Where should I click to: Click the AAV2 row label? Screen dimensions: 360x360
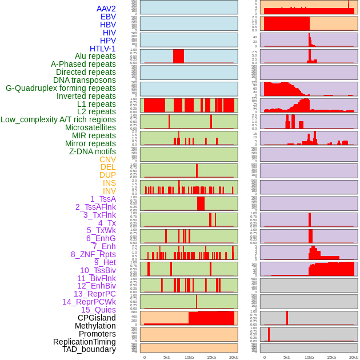(x=106, y=9)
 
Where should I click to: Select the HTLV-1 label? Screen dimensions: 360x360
(x=102, y=49)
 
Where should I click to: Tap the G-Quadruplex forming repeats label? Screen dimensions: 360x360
(x=61, y=88)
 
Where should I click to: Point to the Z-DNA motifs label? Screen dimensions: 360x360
(x=92, y=151)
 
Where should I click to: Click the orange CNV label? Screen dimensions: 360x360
(x=107, y=159)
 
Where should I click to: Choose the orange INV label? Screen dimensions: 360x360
(x=109, y=191)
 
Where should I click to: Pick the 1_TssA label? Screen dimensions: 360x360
(x=103, y=199)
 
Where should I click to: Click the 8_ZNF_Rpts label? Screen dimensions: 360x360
(x=93, y=254)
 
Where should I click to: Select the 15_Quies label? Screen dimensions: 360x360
(x=98, y=310)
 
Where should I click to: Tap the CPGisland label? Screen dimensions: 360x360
(x=97, y=318)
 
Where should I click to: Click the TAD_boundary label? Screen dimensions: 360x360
(x=89, y=349)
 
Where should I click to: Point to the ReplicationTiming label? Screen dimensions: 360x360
(x=84, y=342)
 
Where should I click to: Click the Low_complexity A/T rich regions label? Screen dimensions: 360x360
(x=58, y=119)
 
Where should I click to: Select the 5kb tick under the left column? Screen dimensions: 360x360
(x=167, y=357)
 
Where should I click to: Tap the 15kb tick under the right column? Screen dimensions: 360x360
(x=331, y=357)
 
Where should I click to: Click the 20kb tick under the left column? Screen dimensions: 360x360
(x=233, y=357)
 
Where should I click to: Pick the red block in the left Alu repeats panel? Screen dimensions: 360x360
(x=178, y=56)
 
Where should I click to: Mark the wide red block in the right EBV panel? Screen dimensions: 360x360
(x=286, y=23)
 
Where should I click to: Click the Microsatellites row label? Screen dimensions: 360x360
(x=90, y=127)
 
